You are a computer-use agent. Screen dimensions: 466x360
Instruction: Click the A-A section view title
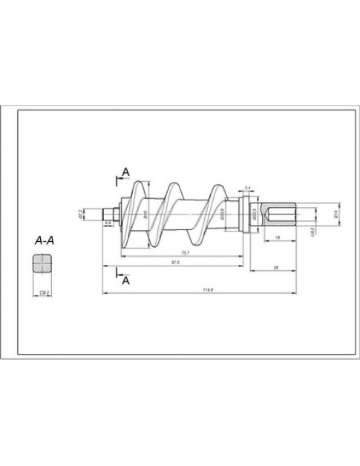[45, 240]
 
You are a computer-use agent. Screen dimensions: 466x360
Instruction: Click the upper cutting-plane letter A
[125, 172]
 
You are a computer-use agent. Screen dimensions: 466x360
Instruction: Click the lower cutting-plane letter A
[125, 281]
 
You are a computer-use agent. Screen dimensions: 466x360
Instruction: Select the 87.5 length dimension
[176, 264]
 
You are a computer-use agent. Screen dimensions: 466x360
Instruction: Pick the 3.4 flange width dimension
[247, 188]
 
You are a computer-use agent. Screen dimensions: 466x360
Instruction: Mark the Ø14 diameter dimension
[335, 214]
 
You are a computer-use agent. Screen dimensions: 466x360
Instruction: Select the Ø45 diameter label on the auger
[145, 214]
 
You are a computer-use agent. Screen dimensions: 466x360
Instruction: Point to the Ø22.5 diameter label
[254, 214]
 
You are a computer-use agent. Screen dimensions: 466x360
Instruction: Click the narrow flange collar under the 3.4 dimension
[245, 214]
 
